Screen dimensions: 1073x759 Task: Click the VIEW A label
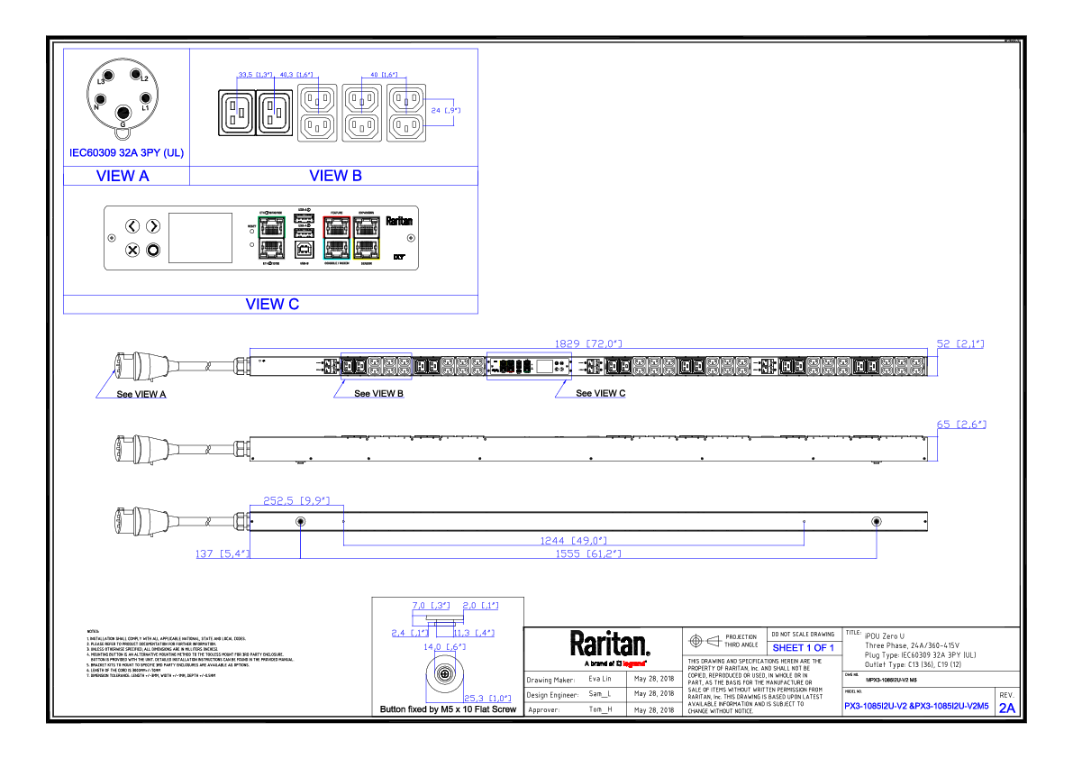(x=123, y=176)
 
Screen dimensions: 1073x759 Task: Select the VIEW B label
(x=335, y=176)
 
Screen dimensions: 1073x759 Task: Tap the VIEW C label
(x=271, y=305)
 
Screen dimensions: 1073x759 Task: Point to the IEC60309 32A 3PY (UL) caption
(x=126, y=153)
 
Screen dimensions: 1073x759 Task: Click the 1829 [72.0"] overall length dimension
(x=591, y=344)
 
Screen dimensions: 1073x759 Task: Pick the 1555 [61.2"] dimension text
(x=590, y=553)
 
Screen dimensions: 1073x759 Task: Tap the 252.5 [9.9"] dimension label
(x=296, y=500)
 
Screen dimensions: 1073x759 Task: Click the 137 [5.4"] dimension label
(x=223, y=553)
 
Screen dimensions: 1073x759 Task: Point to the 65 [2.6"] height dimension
(x=961, y=424)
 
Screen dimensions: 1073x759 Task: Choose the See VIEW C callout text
(x=600, y=394)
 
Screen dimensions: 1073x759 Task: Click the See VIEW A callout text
(x=141, y=394)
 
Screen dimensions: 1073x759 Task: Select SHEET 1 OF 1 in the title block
(x=803, y=648)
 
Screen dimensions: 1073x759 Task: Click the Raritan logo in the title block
(x=609, y=645)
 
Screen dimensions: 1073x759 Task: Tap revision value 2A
(x=1006, y=709)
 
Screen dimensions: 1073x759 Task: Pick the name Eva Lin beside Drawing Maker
(x=599, y=679)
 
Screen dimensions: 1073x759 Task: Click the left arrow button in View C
(x=132, y=226)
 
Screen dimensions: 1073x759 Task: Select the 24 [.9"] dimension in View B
(x=445, y=110)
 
